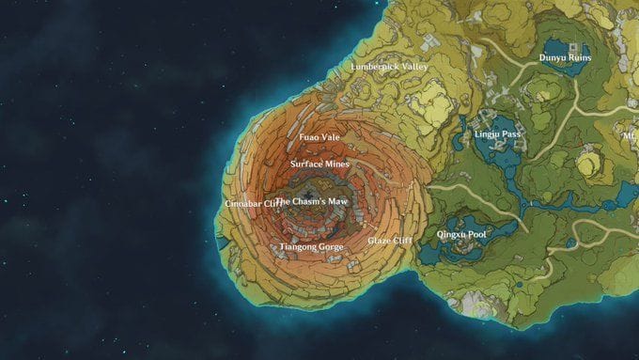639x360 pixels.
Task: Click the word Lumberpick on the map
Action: [373, 68]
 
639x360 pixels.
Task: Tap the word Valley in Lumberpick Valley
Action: [414, 68]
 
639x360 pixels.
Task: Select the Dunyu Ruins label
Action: [565, 57]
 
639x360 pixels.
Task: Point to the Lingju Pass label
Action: [497, 134]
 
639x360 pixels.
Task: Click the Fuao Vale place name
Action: [319, 137]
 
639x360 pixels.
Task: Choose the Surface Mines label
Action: [319, 164]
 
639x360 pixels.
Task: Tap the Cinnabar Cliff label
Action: [252, 203]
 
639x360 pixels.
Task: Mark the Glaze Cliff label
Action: [389, 241]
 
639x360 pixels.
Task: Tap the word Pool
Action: [476, 233]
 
